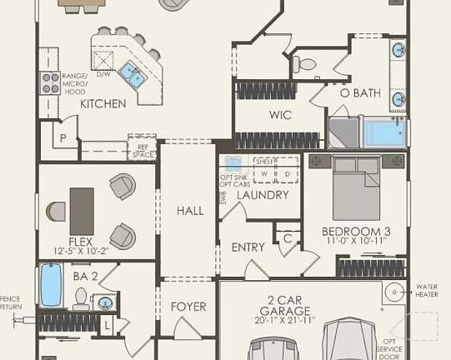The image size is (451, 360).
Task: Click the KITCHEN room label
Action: pos(103,104)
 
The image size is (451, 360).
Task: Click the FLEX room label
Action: pos(80,242)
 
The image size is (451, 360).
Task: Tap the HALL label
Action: pos(189,211)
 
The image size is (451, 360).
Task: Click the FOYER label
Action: pos(188,307)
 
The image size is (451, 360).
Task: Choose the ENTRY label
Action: pos(248,247)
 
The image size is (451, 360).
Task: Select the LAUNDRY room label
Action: pos(262,195)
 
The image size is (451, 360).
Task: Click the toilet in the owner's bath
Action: pos(305,63)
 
